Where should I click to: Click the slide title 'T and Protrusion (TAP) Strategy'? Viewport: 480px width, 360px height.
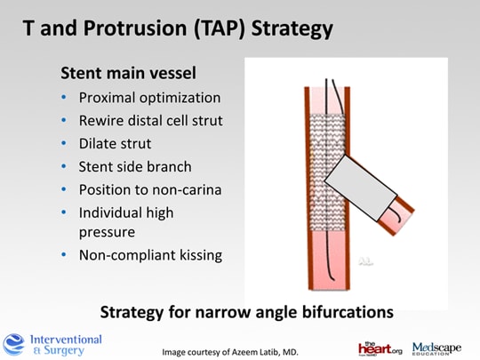178,28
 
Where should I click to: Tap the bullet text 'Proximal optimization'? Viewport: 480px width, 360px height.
149,97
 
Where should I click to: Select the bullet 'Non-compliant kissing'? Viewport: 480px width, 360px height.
150,255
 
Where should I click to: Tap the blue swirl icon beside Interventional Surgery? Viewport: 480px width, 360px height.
14,344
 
